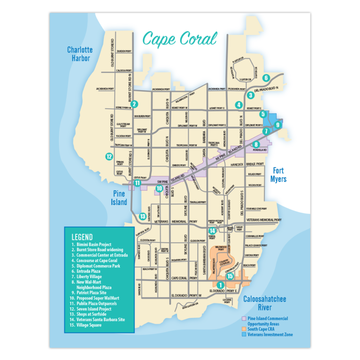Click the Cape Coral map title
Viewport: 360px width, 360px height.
(180, 39)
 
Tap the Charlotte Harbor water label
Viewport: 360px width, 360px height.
(80, 54)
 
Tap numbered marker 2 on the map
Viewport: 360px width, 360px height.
(135, 104)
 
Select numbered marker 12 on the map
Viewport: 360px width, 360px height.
(109, 157)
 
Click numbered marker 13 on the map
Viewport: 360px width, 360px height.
(142, 216)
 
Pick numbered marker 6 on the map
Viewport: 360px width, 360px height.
(266, 78)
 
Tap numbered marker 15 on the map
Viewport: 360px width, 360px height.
(230, 276)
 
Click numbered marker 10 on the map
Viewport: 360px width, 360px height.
(159, 188)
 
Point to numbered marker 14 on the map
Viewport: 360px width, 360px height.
(212, 231)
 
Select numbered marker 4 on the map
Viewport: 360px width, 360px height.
(239, 105)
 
